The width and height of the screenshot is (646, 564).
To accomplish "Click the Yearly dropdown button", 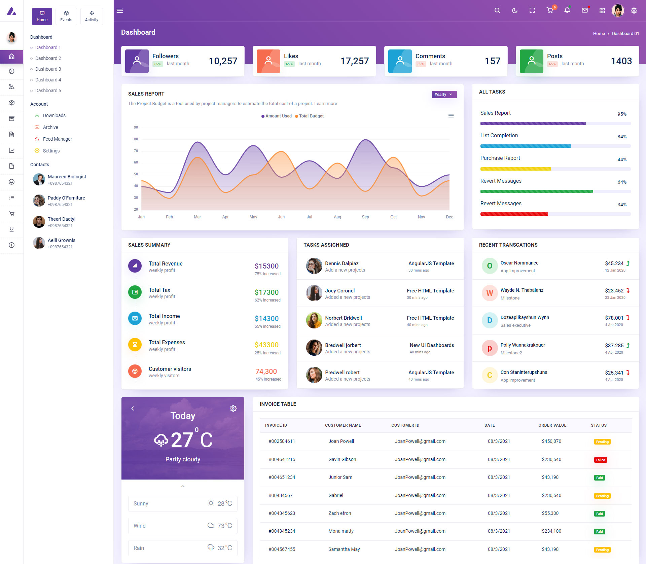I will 444,95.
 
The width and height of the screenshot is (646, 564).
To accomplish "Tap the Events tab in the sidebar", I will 66,16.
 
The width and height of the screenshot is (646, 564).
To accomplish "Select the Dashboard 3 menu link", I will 48,69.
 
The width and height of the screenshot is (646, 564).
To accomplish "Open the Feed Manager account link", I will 57,139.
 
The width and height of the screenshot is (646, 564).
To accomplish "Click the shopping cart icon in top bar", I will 550,10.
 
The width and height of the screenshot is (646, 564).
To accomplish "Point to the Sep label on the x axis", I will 365,217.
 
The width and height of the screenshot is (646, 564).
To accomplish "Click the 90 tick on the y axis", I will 136,127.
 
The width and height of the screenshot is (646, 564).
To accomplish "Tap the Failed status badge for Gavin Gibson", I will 601,460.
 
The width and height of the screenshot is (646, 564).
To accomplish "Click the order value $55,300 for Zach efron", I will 550,513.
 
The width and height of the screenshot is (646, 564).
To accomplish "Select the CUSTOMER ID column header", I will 405,425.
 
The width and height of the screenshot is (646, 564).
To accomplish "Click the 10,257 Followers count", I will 223,61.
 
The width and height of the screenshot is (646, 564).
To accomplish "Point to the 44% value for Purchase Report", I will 622,160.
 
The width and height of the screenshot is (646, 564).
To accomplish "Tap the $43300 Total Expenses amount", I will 266,345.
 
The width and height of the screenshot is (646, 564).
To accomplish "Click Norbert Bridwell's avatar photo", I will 314,320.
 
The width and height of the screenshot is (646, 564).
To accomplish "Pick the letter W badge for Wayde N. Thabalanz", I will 490,293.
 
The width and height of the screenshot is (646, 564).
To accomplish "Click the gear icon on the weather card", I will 233,409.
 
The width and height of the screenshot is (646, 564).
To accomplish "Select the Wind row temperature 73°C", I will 224,526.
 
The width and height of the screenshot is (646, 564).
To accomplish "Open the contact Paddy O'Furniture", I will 66,198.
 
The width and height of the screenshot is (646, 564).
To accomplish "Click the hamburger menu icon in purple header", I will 120,11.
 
